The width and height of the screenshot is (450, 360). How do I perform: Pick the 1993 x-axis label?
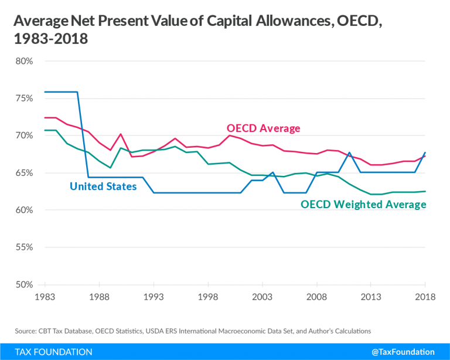click(x=153, y=297)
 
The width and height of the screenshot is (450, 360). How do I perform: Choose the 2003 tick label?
click(x=261, y=297)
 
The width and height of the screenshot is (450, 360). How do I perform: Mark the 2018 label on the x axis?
click(x=425, y=297)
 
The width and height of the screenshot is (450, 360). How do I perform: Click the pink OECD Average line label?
click(x=263, y=128)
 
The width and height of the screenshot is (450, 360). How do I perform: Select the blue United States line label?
click(x=103, y=186)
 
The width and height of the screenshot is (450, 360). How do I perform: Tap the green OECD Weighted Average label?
click(x=363, y=205)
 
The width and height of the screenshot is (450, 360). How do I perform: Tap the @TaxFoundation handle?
click(x=405, y=352)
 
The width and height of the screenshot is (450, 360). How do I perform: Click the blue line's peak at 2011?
click(x=349, y=152)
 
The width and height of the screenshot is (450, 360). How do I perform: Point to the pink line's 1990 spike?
click(x=121, y=134)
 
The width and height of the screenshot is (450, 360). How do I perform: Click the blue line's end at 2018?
click(x=425, y=152)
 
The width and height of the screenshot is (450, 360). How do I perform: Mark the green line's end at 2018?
click(x=425, y=191)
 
